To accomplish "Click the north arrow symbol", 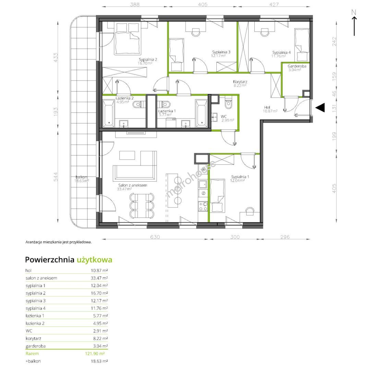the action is click(x=354, y=23).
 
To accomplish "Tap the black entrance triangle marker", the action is click(x=321, y=108).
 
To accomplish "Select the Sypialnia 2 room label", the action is click(x=148, y=59).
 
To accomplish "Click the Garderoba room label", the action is click(x=297, y=66).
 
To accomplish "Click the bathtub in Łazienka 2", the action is click(x=108, y=113).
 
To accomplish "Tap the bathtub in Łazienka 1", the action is click(x=201, y=113).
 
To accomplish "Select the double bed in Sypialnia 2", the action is click(x=128, y=38).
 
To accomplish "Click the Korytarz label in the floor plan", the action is click(x=240, y=82).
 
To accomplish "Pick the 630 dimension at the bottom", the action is click(x=155, y=237).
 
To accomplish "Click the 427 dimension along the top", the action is click(x=274, y=4).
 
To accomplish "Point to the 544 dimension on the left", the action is click(x=56, y=177).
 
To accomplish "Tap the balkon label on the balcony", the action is click(x=81, y=177).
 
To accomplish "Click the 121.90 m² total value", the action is click(x=95, y=354).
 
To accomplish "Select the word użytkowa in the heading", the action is click(x=95, y=260).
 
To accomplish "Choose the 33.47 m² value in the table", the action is click(x=99, y=278).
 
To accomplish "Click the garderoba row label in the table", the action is click(x=36, y=346).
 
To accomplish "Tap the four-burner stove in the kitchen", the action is click(x=203, y=206).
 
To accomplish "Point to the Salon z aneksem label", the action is click(x=133, y=185).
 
